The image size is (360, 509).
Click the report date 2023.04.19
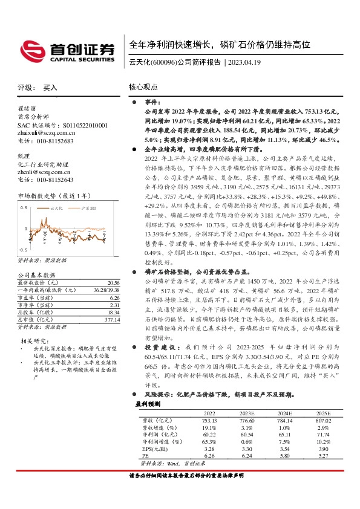(x=245, y=62)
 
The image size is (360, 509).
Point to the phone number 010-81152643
(x=51, y=180)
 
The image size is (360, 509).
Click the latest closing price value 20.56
(x=113, y=282)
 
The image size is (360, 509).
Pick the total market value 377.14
(x=112, y=319)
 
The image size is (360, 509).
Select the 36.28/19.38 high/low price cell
(x=106, y=290)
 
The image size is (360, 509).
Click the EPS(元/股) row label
(x=149, y=449)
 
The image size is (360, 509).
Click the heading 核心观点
(x=143, y=87)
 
